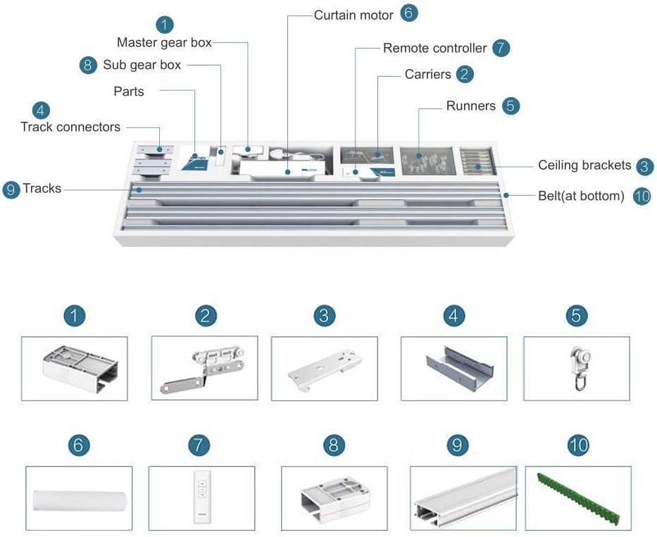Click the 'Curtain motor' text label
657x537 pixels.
click(353, 15)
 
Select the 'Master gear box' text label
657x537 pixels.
click(164, 42)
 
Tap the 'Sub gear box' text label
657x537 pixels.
click(142, 65)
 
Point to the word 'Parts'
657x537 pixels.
click(129, 91)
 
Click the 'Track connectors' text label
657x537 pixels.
click(70, 127)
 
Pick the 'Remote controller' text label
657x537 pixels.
click(435, 48)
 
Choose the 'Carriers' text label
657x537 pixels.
click(428, 75)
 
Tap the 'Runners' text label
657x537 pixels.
click(471, 106)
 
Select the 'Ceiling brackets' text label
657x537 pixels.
click(584, 165)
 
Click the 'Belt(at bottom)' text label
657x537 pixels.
click(581, 196)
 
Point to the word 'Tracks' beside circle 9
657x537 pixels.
click(42, 189)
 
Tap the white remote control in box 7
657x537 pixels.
click(202, 496)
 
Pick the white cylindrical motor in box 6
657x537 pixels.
click(79, 501)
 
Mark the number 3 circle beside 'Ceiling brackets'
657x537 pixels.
click(644, 166)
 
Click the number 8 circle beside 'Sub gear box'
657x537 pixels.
click(87, 65)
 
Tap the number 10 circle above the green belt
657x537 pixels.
click(578, 446)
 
